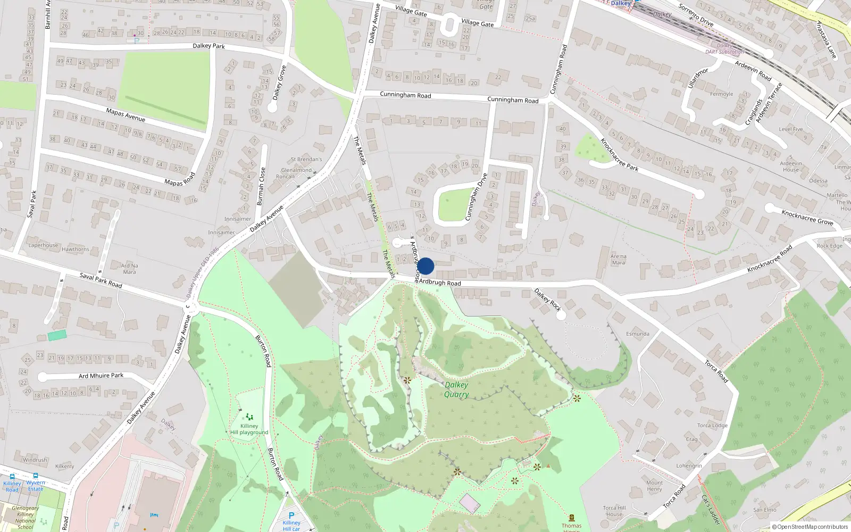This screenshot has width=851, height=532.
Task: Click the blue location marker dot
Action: (425, 266)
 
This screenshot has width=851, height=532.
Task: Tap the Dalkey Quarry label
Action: (456, 389)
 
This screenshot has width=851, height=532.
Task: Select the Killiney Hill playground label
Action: (249, 429)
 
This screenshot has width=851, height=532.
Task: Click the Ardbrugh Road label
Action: (440, 282)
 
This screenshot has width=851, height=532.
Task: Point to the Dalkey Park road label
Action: (208, 46)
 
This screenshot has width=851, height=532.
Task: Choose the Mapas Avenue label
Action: (126, 114)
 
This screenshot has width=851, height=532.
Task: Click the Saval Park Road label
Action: (101, 280)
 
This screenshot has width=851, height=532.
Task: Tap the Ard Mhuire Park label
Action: (101, 376)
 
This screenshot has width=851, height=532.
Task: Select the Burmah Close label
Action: (261, 186)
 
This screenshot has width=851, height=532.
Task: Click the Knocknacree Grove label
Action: (807, 217)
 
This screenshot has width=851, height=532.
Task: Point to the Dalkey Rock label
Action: (547, 300)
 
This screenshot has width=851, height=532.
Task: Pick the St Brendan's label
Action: (306, 159)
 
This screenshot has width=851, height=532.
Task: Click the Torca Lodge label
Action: (712, 425)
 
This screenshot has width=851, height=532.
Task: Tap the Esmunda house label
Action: (637, 334)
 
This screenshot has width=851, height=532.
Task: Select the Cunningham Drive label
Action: (476, 196)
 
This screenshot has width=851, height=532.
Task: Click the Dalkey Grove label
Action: (279, 82)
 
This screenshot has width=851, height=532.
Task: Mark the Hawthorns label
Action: (76, 249)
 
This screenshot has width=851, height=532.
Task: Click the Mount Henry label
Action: (654, 486)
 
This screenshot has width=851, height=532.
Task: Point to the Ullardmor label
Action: (698, 78)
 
